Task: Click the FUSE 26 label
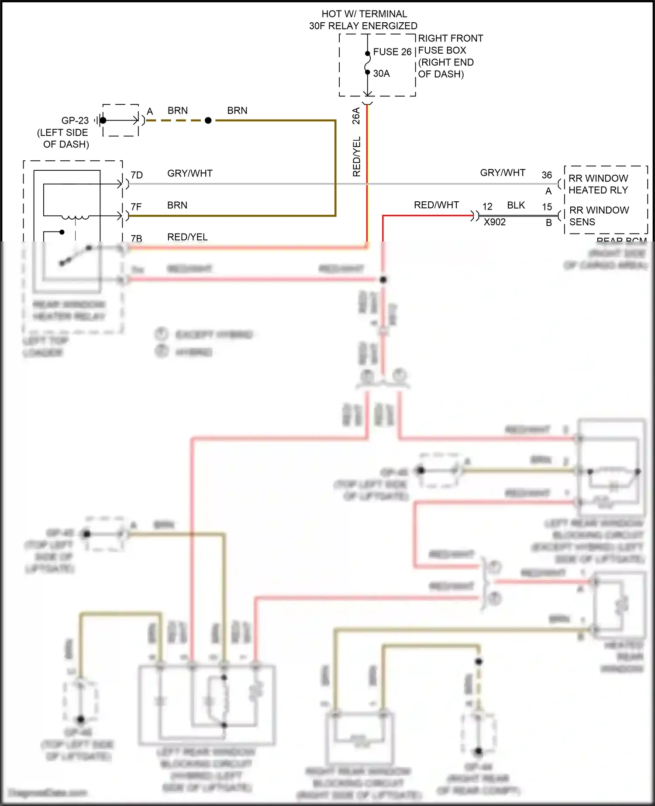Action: (x=392, y=52)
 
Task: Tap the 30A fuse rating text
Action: (x=381, y=73)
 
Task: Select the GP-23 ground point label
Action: (x=75, y=121)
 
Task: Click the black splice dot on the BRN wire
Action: (x=208, y=121)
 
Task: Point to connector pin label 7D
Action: (x=137, y=175)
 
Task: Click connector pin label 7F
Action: (x=136, y=207)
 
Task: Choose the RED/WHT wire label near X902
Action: (x=436, y=205)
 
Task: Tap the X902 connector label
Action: (x=494, y=222)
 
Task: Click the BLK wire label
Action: (x=516, y=206)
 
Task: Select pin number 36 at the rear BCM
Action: (x=547, y=175)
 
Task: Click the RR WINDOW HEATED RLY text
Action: (x=598, y=184)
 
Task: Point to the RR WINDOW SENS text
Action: (x=599, y=216)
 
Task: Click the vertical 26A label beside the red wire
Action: (x=356, y=116)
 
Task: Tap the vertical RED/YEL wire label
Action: (x=356, y=156)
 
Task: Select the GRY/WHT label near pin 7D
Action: (x=190, y=173)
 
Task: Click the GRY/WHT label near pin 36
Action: (x=502, y=173)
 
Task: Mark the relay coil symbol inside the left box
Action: (x=75, y=217)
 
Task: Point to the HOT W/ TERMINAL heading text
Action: (x=364, y=14)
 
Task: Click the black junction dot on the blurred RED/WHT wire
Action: (x=383, y=279)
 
